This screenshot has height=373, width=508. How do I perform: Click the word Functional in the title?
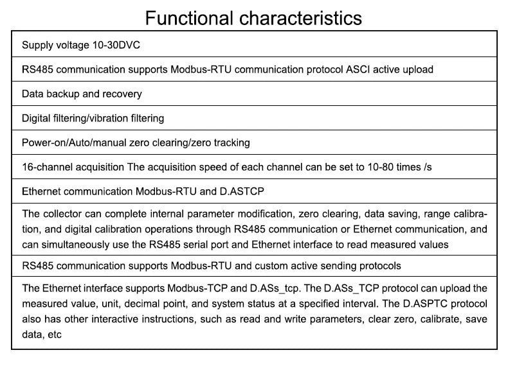coord(189,18)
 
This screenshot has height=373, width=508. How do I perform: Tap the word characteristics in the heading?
coord(300,18)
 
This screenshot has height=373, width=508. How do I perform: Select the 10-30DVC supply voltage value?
coord(116,45)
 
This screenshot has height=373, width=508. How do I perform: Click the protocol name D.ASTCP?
coord(242,191)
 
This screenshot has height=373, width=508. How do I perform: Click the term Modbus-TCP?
coord(197,288)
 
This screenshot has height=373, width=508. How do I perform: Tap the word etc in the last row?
coord(55,334)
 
